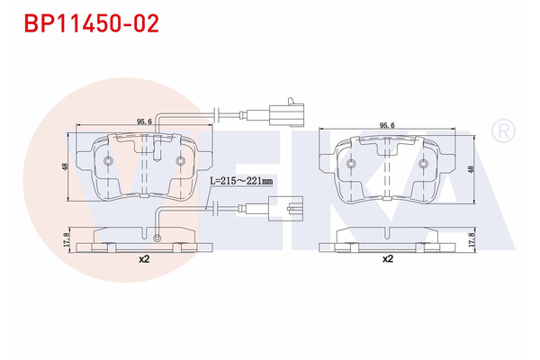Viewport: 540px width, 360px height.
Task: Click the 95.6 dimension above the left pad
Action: (x=143, y=121)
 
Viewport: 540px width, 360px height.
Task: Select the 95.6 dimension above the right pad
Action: (x=388, y=125)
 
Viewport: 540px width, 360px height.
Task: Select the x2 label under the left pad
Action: (x=143, y=259)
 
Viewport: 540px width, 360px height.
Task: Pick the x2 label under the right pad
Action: (x=388, y=259)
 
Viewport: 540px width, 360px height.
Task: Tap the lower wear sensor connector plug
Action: (x=286, y=211)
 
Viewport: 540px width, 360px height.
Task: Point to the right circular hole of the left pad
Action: (x=180, y=162)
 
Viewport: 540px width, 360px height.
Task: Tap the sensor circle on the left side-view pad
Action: (x=157, y=238)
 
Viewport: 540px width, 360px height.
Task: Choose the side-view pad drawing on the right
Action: (x=388, y=238)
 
